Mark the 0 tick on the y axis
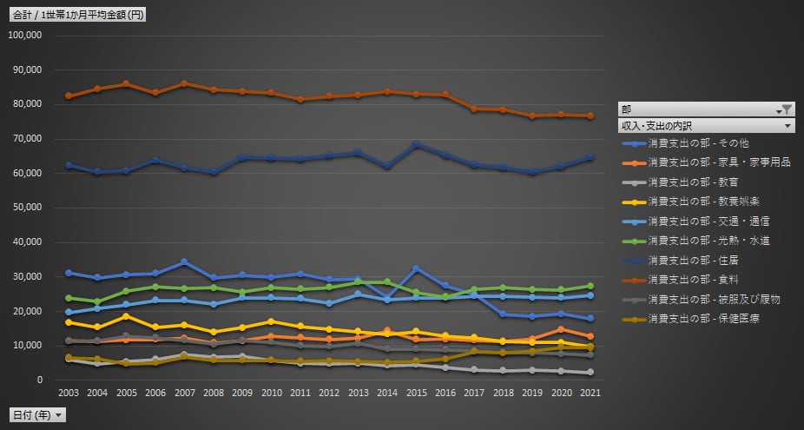click(39, 380)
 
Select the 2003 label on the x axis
click(69, 394)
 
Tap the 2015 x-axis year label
click(416, 394)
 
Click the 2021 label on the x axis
click(590, 394)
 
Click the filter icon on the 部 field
click(786, 109)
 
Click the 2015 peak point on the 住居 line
click(416, 144)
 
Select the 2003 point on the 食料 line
click(69, 96)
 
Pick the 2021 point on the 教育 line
click(590, 372)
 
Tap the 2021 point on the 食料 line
click(590, 116)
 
